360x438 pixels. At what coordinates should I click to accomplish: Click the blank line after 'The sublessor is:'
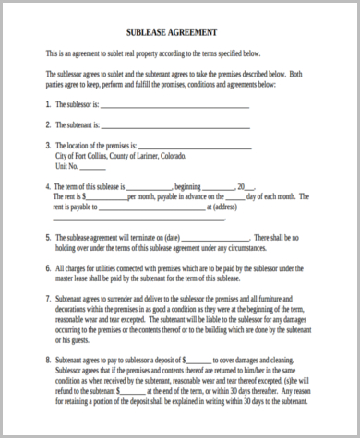[x=174, y=104]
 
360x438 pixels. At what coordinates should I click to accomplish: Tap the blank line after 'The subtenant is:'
[x=175, y=124]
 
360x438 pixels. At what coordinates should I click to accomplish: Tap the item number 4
[x=47, y=186]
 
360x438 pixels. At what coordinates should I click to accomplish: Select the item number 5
[x=47, y=237]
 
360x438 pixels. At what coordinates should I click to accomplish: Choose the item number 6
[x=47, y=268]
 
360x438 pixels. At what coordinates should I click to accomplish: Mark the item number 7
[x=47, y=299]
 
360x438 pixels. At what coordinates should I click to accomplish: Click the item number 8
[x=47, y=359]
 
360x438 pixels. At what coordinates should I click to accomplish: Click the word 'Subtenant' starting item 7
[x=71, y=299]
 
